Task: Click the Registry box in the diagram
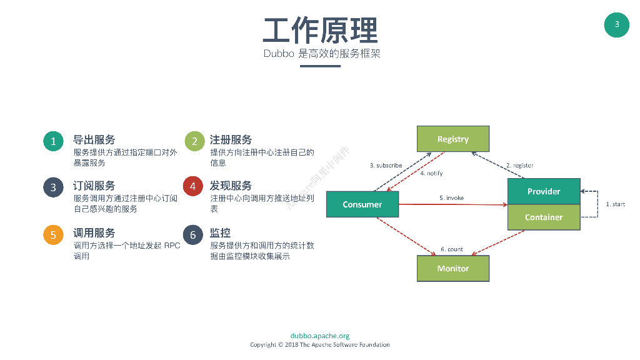coord(453,139)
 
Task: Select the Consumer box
coord(362,204)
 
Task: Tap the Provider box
coord(544,191)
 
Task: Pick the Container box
coord(544,217)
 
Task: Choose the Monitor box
coord(453,268)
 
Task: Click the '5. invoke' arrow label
coord(451,198)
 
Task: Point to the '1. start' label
coord(615,204)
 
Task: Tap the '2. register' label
coord(519,166)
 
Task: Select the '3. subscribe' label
coord(386,166)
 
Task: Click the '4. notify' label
coord(431,173)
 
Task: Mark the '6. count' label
coord(452,249)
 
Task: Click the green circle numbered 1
coord(53,141)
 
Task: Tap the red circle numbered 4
coord(193,186)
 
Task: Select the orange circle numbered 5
coord(53,234)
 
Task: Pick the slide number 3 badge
coord(617,24)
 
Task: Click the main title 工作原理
coord(320,29)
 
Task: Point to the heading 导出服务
coord(94,139)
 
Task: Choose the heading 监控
coord(221,233)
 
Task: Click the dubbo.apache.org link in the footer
coord(320,336)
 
